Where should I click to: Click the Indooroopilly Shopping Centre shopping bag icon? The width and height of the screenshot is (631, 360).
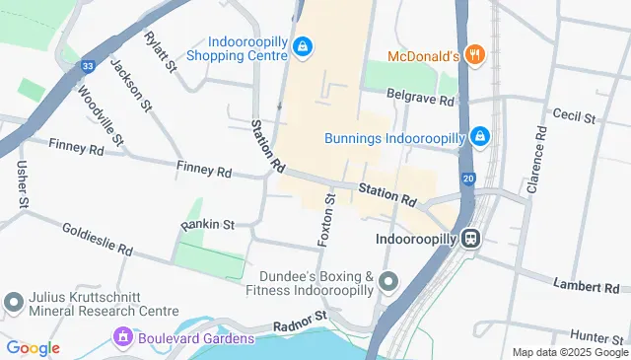click(x=303, y=46)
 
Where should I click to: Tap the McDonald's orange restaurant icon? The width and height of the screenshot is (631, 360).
click(x=474, y=55)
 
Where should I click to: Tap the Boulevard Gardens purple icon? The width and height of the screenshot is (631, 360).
click(x=123, y=338)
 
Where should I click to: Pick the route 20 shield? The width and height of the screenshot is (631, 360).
click(x=467, y=179)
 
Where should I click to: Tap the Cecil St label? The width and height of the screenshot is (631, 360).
click(x=574, y=116)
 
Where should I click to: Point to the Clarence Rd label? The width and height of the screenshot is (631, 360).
click(x=534, y=160)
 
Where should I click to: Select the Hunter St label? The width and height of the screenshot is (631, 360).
click(x=593, y=337)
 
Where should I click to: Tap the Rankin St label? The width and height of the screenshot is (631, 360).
click(x=207, y=225)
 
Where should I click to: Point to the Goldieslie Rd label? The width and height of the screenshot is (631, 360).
click(x=97, y=244)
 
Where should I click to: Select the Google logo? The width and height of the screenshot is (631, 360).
click(x=33, y=348)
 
